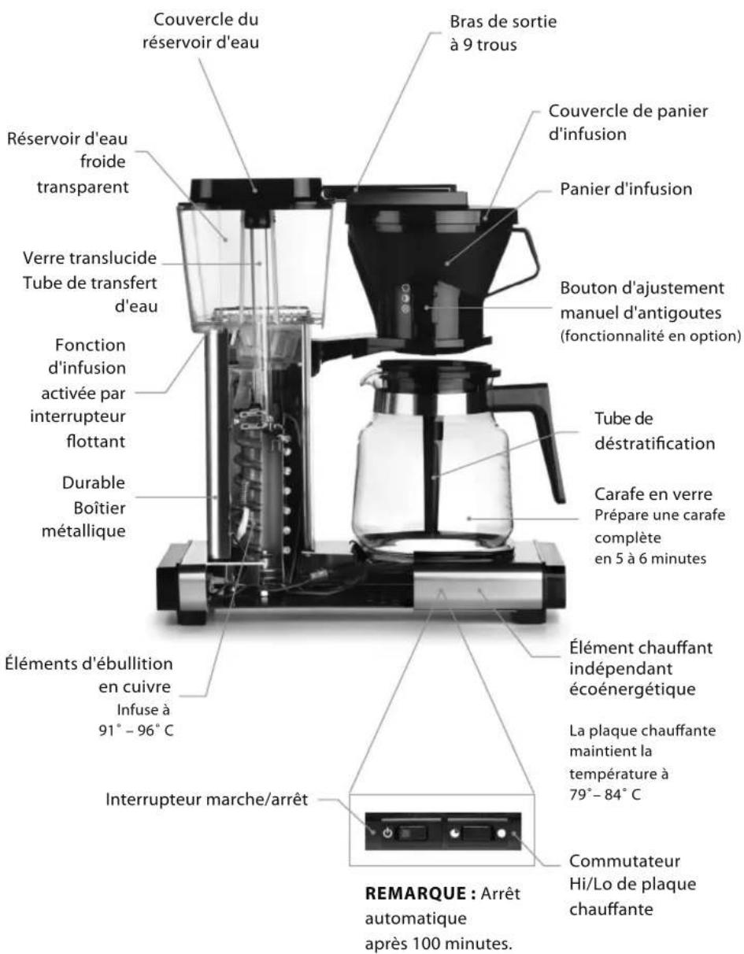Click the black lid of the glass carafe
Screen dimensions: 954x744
439,368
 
